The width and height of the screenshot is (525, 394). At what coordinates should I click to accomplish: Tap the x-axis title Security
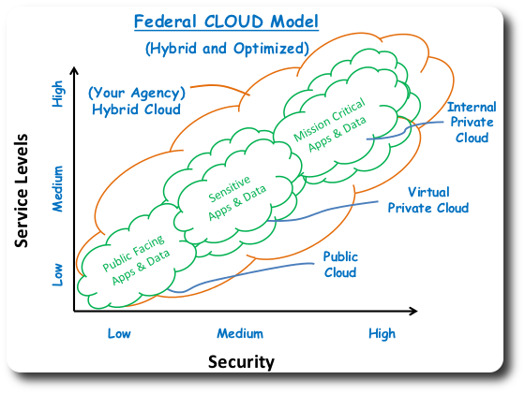click(241, 361)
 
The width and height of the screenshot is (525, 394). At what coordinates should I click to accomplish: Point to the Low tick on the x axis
click(118, 333)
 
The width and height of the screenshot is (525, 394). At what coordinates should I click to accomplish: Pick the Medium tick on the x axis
click(240, 333)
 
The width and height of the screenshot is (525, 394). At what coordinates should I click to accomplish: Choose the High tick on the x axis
click(382, 333)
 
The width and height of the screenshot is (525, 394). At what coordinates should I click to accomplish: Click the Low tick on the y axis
click(57, 273)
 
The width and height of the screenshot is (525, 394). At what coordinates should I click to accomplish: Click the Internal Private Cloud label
click(472, 123)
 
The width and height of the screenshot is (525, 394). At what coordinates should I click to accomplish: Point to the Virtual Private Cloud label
click(427, 201)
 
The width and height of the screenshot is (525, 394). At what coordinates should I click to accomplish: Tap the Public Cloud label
click(340, 264)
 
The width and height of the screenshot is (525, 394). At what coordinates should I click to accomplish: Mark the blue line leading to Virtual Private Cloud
click(328, 212)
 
